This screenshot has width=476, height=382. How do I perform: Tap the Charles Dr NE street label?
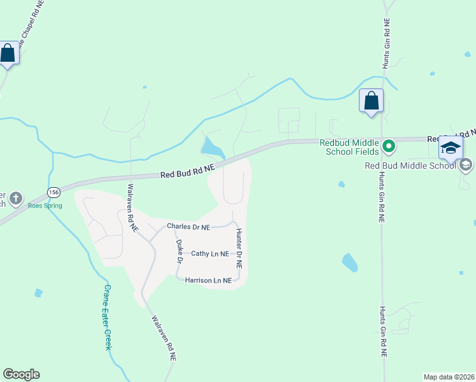[188, 227]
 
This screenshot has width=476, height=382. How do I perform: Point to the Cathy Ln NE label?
[210, 253]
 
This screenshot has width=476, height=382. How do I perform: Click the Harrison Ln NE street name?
[208, 280]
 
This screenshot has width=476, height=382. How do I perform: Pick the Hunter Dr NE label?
[239, 248]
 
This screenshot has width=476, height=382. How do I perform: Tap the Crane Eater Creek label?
[108, 317]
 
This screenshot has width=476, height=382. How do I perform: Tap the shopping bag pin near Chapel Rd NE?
[8, 53]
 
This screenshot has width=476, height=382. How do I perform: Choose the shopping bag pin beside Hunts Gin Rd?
[371, 101]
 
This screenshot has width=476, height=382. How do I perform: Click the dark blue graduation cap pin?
[451, 148]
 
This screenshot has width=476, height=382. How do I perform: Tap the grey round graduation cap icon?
[465, 165]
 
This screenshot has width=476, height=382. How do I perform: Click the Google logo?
[21, 374]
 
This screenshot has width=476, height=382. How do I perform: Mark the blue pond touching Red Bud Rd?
[212, 148]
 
